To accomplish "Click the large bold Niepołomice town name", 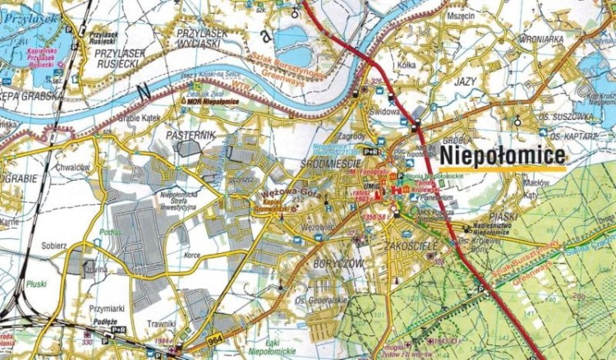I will [503, 155].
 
